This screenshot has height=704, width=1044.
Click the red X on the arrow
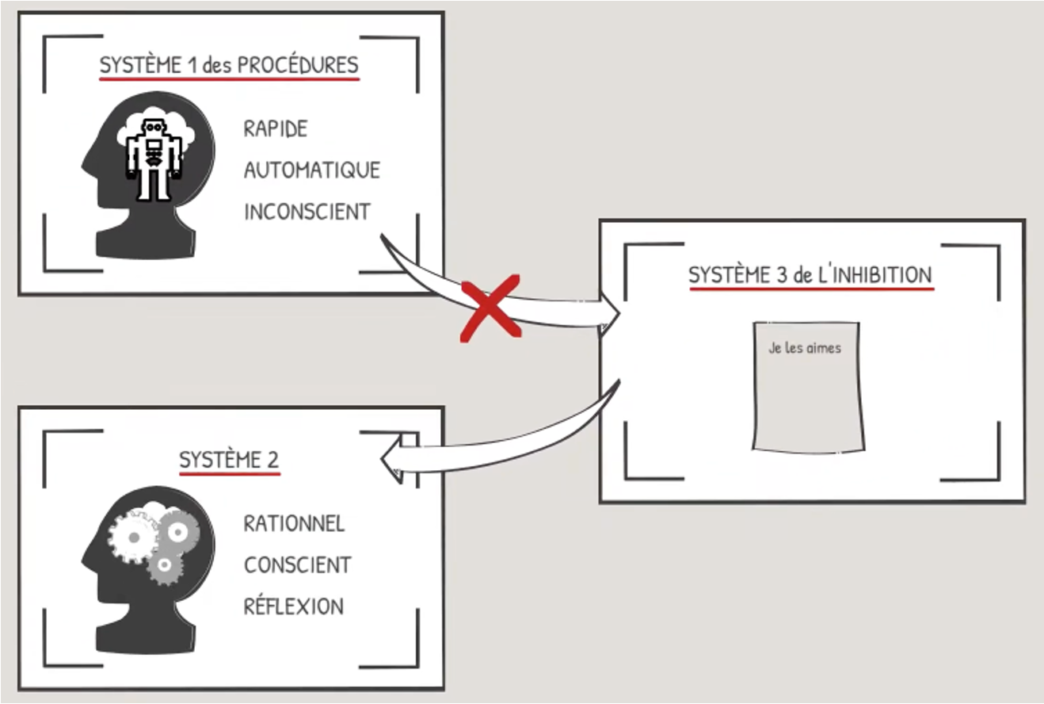tap(491, 307)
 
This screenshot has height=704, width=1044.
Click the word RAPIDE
tap(275, 129)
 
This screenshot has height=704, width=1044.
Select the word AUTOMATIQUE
tap(311, 170)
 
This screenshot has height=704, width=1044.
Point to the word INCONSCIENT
tap(307, 212)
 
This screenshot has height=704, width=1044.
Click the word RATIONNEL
tap(294, 524)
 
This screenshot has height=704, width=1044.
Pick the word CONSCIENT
tap(297, 565)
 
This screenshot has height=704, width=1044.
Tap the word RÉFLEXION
tap(293, 606)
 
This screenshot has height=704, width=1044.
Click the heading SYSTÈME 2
tap(229, 461)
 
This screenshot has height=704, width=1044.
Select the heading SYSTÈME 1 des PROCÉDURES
tap(229, 65)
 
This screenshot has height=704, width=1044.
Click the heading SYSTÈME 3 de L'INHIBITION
tap(810, 275)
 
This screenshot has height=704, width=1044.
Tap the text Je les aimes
tap(805, 347)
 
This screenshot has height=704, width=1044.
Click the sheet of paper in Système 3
tap(807, 396)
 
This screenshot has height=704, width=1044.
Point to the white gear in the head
tap(133, 537)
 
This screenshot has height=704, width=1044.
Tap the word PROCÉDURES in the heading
tap(299, 65)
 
